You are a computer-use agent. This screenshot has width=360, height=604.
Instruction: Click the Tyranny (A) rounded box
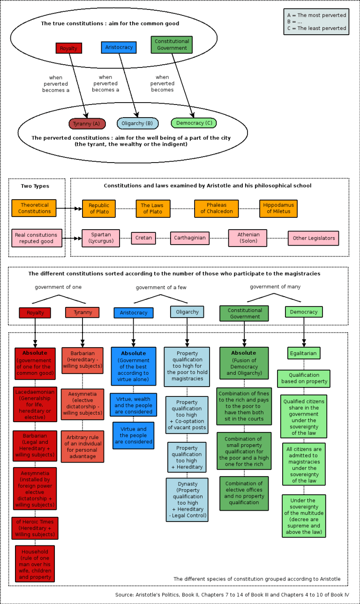coord(87,124)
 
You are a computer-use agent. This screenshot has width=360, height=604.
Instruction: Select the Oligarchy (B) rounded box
coord(137,123)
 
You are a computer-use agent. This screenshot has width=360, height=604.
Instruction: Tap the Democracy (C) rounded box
coord(194,123)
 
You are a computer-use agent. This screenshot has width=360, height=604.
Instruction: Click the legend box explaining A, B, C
coord(316,22)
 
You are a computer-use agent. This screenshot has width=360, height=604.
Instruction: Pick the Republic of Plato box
coord(98,209)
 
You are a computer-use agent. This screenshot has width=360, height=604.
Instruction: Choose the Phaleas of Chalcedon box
coord(216,209)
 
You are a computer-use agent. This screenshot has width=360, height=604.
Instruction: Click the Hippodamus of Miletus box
coord(278,209)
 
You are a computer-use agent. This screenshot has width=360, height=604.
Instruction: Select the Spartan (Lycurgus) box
coord(101,238)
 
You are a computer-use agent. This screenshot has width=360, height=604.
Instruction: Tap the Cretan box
coord(143,238)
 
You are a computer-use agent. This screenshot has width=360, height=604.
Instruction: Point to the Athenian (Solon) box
coord(247,238)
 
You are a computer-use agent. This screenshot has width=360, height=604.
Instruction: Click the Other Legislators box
coord(313,238)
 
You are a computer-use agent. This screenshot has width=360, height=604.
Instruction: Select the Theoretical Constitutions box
coord(34,208)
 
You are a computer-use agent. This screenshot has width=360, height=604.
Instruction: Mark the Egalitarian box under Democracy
coord(304,353)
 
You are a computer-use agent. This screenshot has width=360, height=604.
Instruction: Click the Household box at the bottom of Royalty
coord(35,564)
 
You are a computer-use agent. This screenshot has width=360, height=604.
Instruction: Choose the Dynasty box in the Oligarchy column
coord(187,500)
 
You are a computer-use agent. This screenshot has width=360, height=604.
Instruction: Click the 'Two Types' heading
coord(35,186)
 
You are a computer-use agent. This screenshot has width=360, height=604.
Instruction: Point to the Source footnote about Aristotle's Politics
coord(232,595)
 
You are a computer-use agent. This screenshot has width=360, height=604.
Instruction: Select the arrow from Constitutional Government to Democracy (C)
coord(182,84)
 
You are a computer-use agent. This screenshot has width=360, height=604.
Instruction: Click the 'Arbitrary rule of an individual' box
coord(82,447)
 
